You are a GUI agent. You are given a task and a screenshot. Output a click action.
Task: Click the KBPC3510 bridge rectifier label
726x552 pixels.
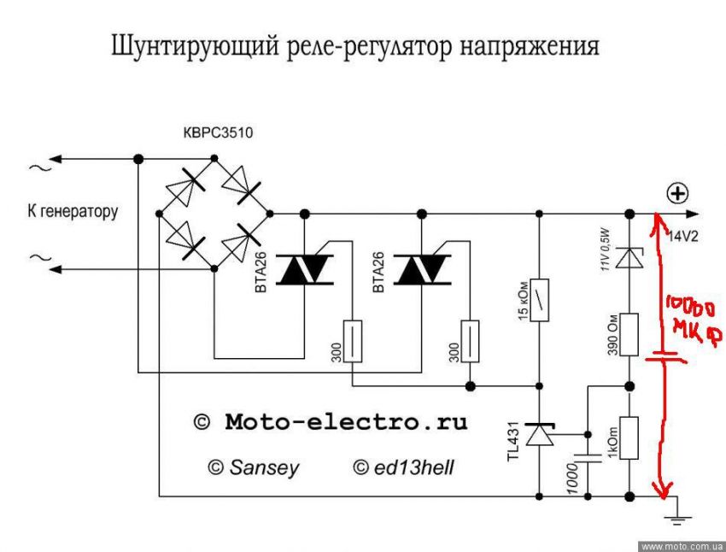pos(219,133)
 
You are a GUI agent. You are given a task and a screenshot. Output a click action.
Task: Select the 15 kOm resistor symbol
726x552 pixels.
pos(539,299)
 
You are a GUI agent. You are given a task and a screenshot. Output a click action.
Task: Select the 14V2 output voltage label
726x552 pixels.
pos(682,236)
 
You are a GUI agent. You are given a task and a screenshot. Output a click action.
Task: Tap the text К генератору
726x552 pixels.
pos(73,211)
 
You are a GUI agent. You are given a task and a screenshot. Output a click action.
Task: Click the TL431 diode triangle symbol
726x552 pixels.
pos(539,436)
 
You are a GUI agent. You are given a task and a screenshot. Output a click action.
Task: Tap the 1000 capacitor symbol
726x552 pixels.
pos(589,458)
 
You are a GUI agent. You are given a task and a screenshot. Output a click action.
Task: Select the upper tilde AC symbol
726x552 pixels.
pos(38,167)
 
